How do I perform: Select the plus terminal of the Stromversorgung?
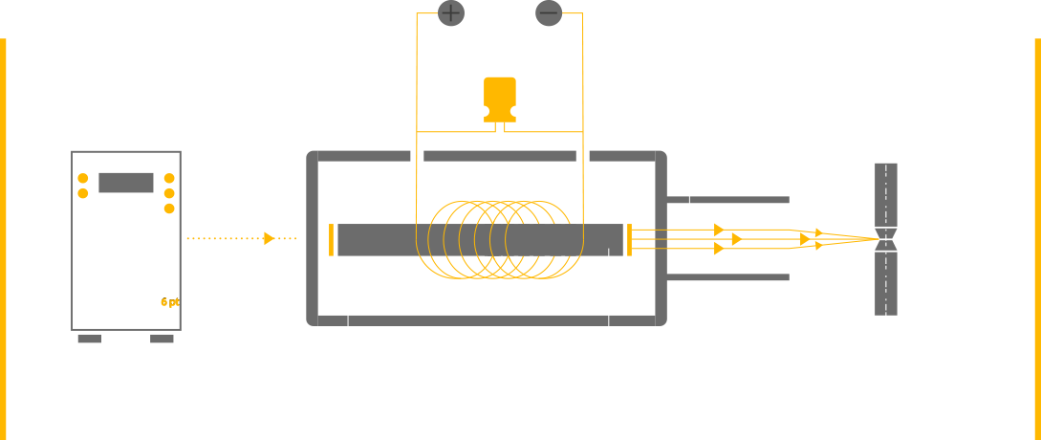point(451,13)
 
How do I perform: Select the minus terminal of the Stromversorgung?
point(548,13)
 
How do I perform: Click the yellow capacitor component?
point(499,99)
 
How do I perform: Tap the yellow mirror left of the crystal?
point(331,239)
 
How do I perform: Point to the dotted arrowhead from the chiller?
point(270,238)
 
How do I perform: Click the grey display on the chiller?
point(125,182)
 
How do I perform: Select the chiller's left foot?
point(89,339)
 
